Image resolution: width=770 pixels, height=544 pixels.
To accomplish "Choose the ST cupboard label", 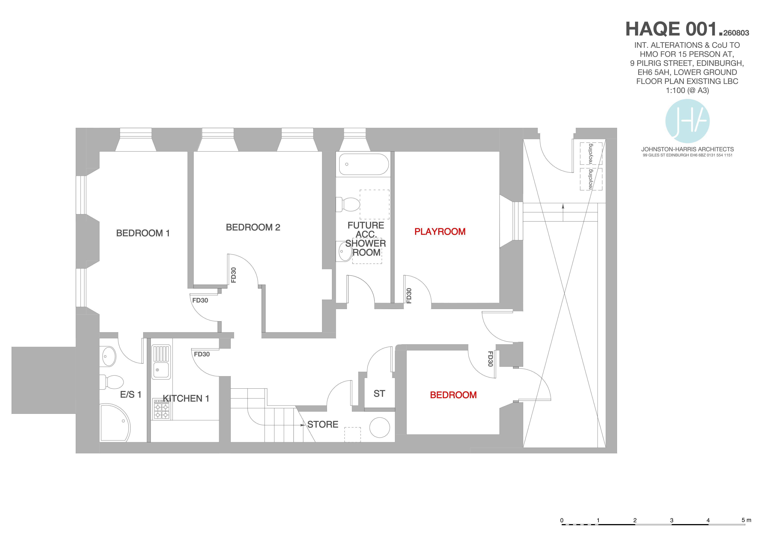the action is (379, 394).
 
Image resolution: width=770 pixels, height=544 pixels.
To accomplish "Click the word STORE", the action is (323, 424).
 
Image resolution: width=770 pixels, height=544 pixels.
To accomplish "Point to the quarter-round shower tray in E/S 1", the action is (115, 423).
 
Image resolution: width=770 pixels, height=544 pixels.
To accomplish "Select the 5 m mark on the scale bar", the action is (747, 520).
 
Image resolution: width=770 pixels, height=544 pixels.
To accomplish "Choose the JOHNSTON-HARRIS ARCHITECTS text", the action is (687, 149).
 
